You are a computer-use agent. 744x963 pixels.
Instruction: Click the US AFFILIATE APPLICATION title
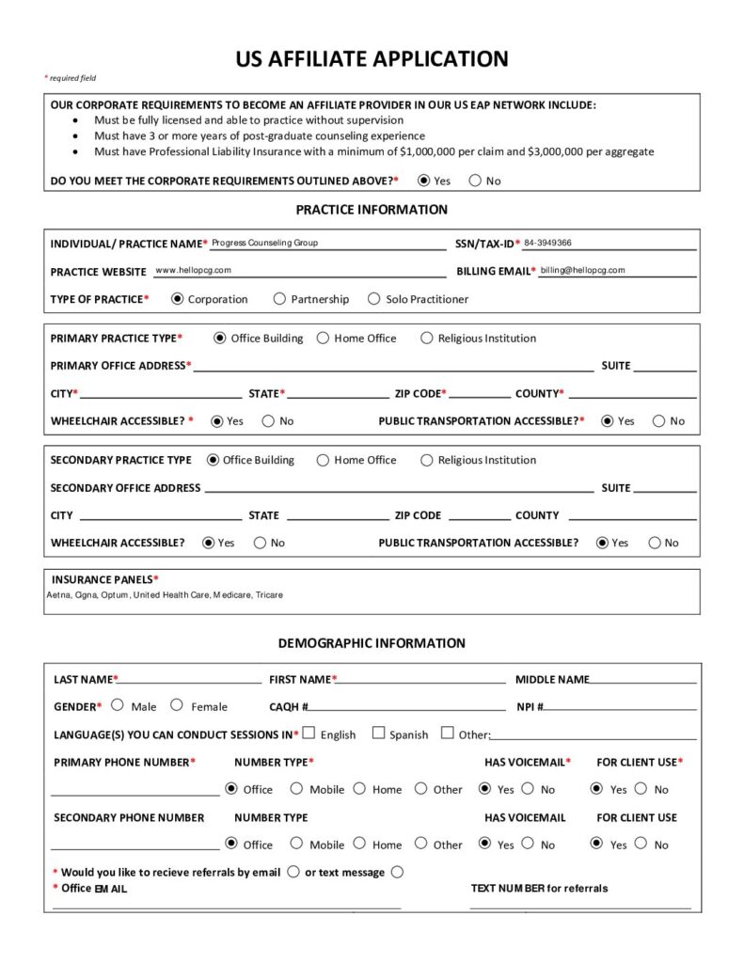372,59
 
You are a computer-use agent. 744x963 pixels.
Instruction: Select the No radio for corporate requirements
475,181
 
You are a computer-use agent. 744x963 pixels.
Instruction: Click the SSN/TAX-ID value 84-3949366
547,243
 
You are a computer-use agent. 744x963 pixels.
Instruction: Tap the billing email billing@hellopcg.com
582,270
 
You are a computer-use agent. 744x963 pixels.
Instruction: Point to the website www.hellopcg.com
193,270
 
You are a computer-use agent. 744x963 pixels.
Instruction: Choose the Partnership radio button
279,299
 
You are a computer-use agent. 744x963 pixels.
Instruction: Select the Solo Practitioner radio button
374,299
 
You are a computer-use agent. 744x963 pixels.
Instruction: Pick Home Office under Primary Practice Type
323,338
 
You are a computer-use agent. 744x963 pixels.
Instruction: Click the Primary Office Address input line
393,367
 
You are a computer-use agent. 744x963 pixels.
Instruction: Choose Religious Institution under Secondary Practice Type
427,460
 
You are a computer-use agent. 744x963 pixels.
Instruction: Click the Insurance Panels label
104,579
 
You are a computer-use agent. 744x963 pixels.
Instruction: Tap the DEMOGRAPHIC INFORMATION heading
372,643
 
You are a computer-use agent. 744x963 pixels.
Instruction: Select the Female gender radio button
177,704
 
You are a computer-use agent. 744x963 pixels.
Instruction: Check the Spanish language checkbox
378,733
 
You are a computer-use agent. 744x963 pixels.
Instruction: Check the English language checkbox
309,733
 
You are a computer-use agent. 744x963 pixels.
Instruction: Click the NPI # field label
530,706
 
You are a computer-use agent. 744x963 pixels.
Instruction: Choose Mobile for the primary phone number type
296,788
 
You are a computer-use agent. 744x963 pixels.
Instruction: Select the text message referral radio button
397,872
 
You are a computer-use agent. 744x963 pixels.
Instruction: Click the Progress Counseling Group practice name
264,243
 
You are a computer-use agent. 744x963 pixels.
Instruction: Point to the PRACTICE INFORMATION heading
372,210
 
